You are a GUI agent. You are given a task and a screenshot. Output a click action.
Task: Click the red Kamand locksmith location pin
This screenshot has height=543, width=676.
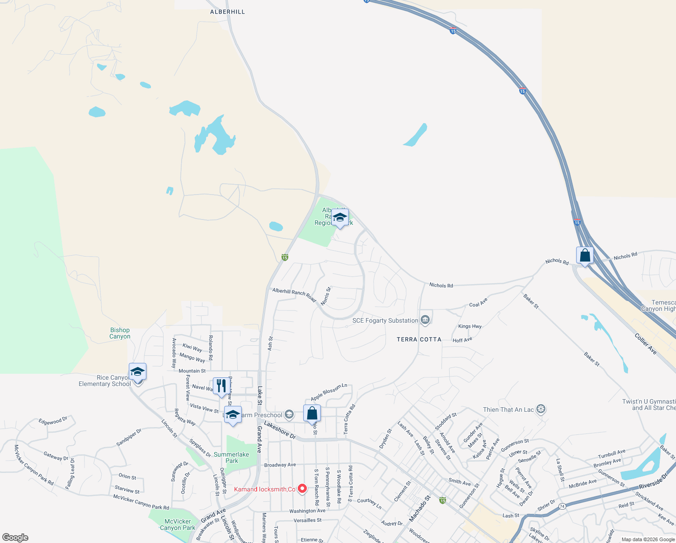pyautogui.click(x=302, y=489)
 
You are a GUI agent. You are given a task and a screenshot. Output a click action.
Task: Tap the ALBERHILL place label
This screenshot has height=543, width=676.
pyautogui.click(x=227, y=12)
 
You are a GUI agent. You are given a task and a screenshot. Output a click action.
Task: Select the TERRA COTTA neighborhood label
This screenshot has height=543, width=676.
pyautogui.click(x=419, y=339)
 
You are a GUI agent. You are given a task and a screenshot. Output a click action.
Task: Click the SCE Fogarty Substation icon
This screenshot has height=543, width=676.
pyautogui.click(x=425, y=320)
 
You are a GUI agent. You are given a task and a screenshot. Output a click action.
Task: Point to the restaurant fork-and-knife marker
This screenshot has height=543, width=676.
pyautogui.click(x=221, y=386)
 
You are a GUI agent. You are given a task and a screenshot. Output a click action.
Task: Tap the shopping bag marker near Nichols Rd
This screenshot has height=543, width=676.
pyautogui.click(x=585, y=256)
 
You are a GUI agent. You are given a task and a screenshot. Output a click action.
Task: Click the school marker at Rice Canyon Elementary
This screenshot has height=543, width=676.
pyautogui.click(x=137, y=372)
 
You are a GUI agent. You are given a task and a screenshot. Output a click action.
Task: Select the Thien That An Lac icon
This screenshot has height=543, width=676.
pyautogui.click(x=541, y=410)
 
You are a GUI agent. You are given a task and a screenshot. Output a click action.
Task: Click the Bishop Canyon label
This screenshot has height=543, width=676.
pyautogui.click(x=120, y=333)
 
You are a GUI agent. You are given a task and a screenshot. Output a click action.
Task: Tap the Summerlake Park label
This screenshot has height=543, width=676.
pyautogui.click(x=231, y=457)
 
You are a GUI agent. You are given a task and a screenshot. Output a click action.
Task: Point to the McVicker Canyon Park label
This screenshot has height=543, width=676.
pyautogui.click(x=178, y=524)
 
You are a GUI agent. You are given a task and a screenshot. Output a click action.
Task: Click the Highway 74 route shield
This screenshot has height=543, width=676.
pyautogui.click(x=562, y=506)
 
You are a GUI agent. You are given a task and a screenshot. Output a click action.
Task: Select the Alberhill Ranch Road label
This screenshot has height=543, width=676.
pyautogui.click(x=294, y=295)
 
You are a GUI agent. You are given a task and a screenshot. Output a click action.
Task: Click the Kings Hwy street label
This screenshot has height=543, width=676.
pyautogui.click(x=470, y=326)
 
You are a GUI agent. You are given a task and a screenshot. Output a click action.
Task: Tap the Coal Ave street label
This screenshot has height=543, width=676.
pyautogui.click(x=479, y=303)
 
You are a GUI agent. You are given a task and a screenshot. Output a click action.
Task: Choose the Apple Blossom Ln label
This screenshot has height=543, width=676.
pyautogui.click(x=329, y=392)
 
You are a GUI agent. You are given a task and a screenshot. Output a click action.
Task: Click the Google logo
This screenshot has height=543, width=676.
pyautogui.click(x=15, y=538)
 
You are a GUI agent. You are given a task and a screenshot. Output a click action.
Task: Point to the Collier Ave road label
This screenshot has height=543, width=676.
pyautogui.click(x=646, y=344)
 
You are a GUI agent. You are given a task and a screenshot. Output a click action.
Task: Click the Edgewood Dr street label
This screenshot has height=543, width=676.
pyautogui.click(x=53, y=421)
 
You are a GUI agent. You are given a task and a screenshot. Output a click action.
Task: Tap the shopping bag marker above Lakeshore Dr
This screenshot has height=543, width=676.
pyautogui.click(x=312, y=414)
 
